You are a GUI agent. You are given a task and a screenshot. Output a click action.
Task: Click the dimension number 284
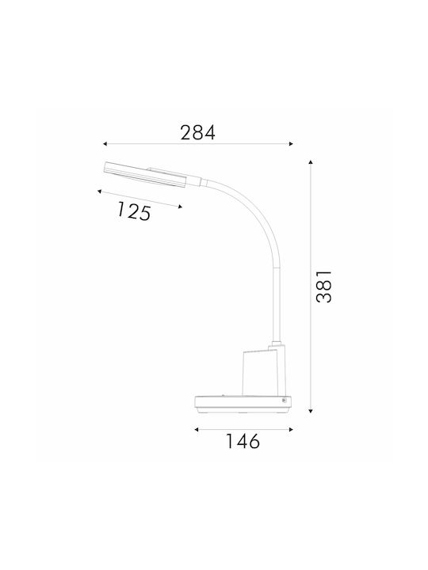coord(198,133)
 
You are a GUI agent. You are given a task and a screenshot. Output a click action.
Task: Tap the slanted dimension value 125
coord(134,211)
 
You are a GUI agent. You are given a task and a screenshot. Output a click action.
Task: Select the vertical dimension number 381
coord(324,286)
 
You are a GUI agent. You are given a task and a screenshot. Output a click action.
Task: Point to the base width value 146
coord(243,441)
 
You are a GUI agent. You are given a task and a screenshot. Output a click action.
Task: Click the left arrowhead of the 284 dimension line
coord(105,144)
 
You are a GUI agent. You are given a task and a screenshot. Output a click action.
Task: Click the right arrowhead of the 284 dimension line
coord(291,144)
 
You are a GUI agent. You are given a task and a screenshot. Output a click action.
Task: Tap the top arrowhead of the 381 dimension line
coord(311,162)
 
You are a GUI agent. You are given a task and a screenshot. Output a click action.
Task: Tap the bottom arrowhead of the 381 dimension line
coord(311,411)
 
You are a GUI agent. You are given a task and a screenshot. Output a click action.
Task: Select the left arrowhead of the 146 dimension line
coord(197,429)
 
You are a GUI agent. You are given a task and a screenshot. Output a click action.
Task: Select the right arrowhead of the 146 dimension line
coord(291,429)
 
